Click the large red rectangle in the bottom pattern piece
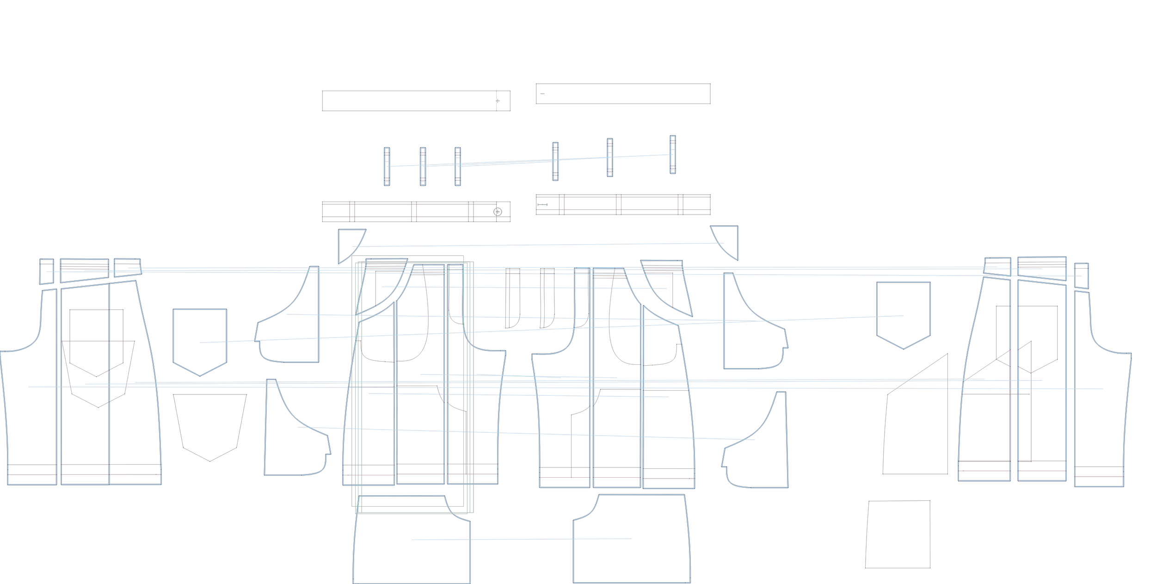[627, 560]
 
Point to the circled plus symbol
[498, 212]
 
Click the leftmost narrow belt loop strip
[387, 166]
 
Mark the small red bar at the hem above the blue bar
[377, 470]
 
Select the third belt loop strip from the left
[458, 166]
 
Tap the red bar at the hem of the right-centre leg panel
[617, 473]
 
